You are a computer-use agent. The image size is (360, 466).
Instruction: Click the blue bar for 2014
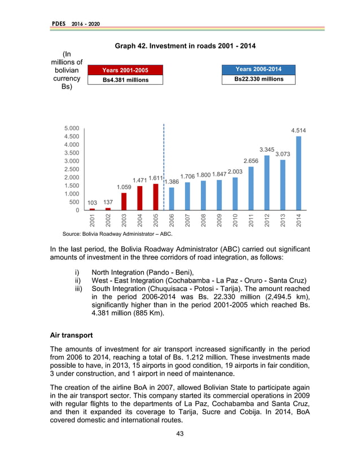[298, 173]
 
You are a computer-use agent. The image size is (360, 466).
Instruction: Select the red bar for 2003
[124, 201]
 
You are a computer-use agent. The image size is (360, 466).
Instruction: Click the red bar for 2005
[156, 197]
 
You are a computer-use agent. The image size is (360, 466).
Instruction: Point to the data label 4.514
[298, 130]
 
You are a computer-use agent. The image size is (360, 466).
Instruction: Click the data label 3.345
[266, 150]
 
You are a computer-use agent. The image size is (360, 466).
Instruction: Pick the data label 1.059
[124, 187]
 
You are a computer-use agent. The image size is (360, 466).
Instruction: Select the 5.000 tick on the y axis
[71, 128]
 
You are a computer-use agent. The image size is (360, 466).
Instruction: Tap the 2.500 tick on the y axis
[71, 169]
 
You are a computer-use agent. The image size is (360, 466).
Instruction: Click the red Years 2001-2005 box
[125, 70]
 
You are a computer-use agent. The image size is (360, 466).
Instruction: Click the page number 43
[180, 433]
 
